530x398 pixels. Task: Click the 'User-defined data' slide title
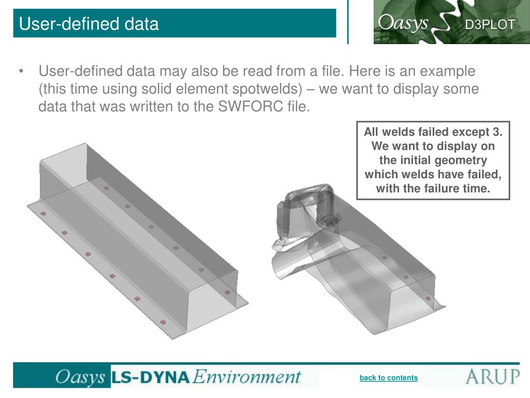pyautogui.click(x=89, y=24)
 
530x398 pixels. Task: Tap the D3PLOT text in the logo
pyautogui.click(x=490, y=25)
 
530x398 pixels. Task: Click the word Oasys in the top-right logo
pyautogui.click(x=403, y=23)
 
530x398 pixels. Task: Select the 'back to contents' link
pyautogui.click(x=388, y=378)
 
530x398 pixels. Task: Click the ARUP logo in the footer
pyautogui.click(x=493, y=376)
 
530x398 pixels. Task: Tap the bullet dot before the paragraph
pyautogui.click(x=21, y=71)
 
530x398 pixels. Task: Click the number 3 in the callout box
pyautogui.click(x=496, y=132)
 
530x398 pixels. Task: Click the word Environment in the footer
pyautogui.click(x=247, y=377)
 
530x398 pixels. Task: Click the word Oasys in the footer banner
pyautogui.click(x=80, y=377)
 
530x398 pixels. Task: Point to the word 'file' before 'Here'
pyautogui.click(x=332, y=70)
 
